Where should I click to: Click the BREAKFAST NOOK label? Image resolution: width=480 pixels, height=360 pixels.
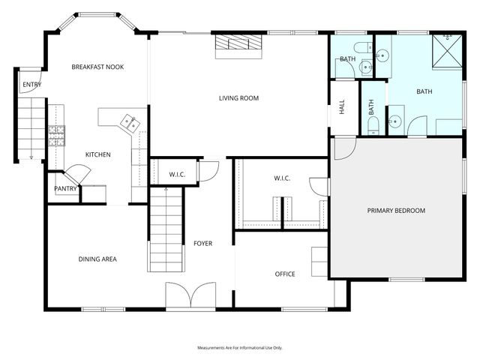97,67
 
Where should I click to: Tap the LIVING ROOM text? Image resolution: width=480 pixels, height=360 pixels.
238,98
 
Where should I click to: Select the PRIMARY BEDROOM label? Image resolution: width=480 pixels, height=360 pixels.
396,211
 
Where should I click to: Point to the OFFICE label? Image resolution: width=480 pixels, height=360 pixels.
284,274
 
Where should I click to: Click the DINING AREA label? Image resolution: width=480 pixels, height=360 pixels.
97,259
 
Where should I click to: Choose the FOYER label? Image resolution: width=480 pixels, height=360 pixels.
202,243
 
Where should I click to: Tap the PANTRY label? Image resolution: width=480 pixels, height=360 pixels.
65,188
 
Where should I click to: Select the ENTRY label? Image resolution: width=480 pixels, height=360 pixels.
31,85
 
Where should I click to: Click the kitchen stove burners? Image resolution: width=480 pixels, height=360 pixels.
56,134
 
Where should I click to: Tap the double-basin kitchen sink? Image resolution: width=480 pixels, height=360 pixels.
127,121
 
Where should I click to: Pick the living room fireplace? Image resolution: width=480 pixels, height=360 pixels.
238,46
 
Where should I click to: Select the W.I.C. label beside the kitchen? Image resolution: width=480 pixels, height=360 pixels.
177,175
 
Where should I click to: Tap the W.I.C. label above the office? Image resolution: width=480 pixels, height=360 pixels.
281,178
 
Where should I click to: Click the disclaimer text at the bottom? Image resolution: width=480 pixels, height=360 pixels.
239,348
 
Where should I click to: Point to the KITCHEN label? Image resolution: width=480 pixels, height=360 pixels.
97,154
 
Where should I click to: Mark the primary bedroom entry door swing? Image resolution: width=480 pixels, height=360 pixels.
341,148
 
